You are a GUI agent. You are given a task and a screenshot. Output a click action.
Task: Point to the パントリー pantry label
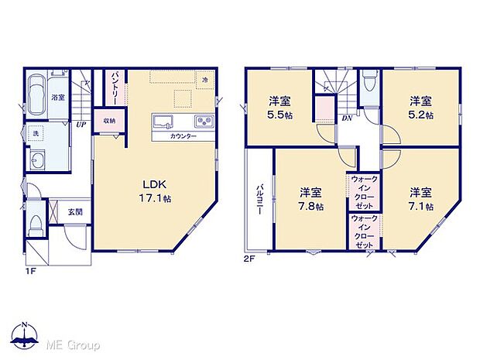115,86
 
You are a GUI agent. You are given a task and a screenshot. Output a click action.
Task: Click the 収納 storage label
108,121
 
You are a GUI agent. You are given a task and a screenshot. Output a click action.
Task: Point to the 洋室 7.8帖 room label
310,199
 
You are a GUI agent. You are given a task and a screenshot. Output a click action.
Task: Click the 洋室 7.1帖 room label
420,199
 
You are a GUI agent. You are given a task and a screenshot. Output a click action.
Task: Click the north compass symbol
24,335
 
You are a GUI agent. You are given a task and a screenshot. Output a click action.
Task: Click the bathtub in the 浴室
36,96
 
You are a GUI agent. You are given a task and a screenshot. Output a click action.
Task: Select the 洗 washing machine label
36,133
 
